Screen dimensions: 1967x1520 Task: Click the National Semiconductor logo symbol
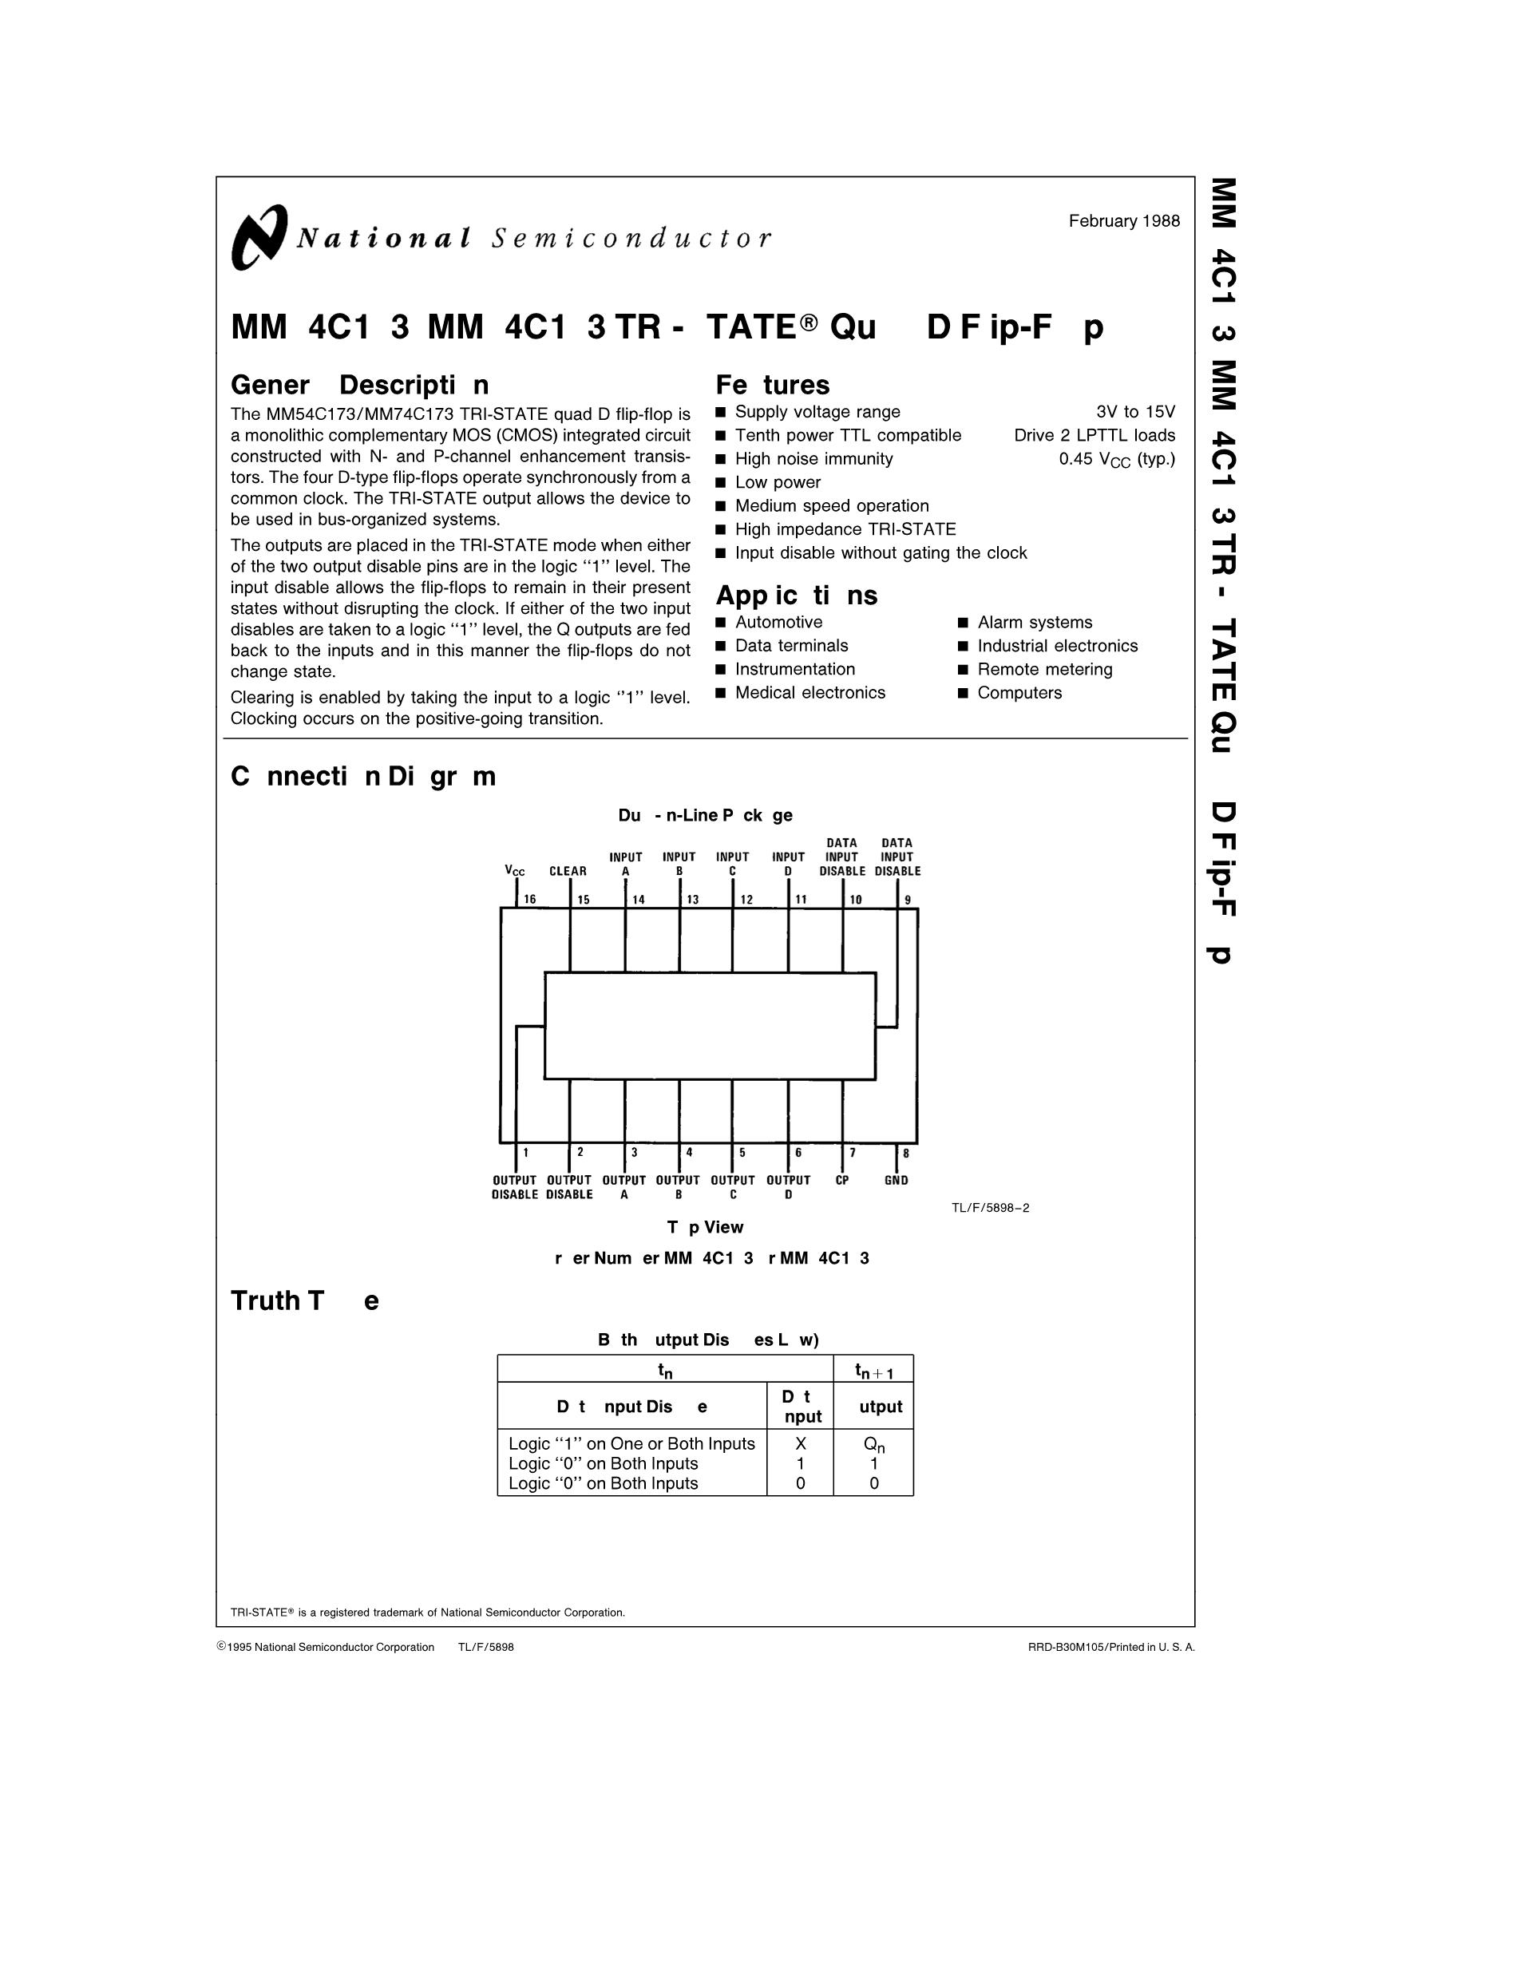(259, 237)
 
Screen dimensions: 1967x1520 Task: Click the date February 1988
(1124, 220)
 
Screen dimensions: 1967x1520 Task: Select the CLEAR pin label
(568, 871)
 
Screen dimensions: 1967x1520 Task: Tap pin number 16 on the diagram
(529, 899)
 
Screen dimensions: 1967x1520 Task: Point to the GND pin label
(896, 1180)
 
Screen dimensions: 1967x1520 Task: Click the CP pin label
(842, 1180)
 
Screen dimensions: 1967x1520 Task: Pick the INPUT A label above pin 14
(626, 864)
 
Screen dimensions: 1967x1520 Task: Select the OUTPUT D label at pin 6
(788, 1187)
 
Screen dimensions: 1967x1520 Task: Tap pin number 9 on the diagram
(908, 899)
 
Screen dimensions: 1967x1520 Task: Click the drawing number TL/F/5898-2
(990, 1208)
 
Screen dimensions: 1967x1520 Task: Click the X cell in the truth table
(801, 1444)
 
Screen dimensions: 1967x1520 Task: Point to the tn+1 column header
(873, 1371)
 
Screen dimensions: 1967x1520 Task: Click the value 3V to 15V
(1135, 412)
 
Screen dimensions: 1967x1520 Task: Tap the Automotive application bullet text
(778, 623)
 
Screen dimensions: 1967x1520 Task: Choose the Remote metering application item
(1044, 669)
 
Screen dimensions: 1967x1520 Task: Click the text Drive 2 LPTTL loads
(1094, 435)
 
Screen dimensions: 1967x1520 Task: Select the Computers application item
(1019, 693)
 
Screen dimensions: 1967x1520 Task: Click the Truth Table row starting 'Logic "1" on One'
(631, 1444)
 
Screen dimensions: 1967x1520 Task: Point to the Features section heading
(772, 385)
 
